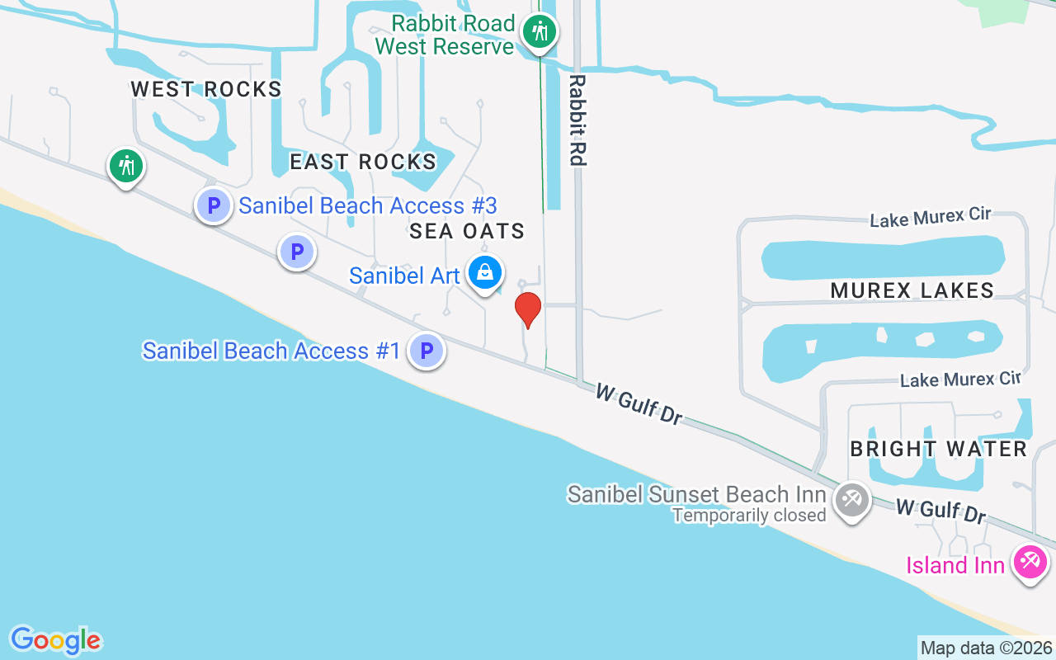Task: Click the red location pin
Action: point(528,309)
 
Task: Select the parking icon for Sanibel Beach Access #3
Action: point(214,205)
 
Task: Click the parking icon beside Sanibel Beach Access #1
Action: point(427,351)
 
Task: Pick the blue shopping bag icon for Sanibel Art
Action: point(485,271)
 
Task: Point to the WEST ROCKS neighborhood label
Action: point(206,89)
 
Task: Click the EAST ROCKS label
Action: point(363,162)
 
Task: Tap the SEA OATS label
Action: point(467,231)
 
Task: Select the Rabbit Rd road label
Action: point(577,120)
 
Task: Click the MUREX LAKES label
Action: point(912,290)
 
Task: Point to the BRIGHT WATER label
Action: point(939,449)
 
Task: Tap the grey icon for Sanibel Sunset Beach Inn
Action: point(851,499)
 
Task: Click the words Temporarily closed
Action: point(749,516)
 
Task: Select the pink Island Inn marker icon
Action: point(1030,563)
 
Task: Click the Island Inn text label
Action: point(955,565)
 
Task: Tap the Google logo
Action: point(55,640)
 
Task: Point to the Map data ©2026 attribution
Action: point(987,648)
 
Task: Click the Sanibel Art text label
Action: point(404,276)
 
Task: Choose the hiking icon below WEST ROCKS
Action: point(126,166)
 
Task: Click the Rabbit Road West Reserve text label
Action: point(445,35)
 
